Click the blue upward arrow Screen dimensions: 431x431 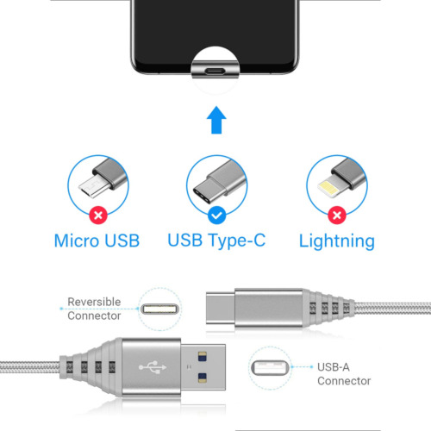pyautogui.click(x=215, y=120)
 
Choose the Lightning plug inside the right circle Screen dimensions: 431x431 pyautogui.click(x=332, y=184)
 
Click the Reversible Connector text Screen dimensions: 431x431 pyautogui.click(x=95, y=309)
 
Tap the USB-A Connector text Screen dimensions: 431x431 pyautogui.click(x=344, y=373)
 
